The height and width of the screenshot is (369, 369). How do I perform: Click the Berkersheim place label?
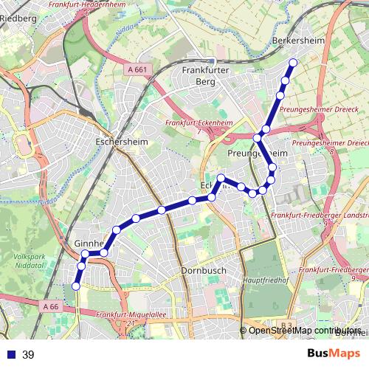(x=298, y=41)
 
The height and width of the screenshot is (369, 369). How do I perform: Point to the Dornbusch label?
(x=202, y=271)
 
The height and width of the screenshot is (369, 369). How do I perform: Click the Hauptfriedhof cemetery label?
(x=264, y=281)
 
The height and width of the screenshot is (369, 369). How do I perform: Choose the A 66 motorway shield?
(x=50, y=306)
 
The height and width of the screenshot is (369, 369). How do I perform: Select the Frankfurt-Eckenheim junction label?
(x=194, y=123)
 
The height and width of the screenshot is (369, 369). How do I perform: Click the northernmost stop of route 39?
(x=293, y=63)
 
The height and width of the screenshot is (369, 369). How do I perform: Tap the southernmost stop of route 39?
(x=75, y=286)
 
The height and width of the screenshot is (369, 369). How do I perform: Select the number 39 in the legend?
(x=28, y=355)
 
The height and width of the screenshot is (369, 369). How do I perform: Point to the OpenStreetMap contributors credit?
(x=304, y=330)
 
